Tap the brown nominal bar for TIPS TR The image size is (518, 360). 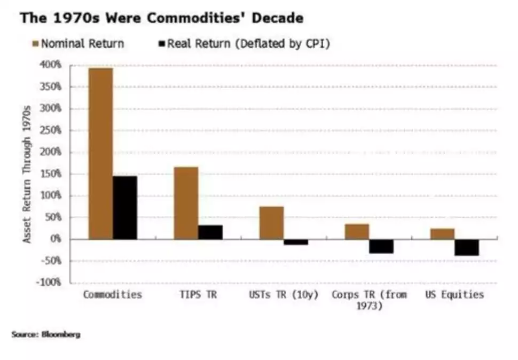(186, 203)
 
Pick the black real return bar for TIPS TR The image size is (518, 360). (210, 232)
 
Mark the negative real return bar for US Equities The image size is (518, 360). (467, 247)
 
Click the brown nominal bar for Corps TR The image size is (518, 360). (357, 232)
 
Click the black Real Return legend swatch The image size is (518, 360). (162, 43)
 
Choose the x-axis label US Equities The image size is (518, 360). (454, 294)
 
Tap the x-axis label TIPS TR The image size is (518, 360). (198, 294)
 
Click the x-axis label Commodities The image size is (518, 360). (112, 294)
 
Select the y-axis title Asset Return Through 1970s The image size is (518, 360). (27, 174)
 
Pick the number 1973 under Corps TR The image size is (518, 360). (368, 306)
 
